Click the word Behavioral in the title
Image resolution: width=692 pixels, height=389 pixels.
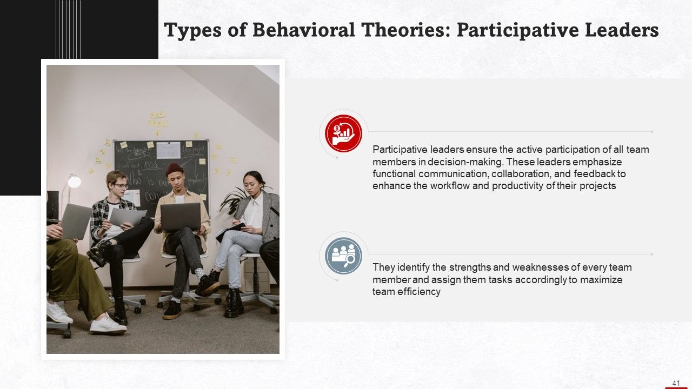tap(303, 30)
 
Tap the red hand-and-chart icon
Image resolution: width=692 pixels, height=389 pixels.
tap(343, 133)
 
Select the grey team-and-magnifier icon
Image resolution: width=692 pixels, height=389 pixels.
tap(343, 256)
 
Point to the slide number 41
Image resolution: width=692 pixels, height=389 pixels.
tap(676, 383)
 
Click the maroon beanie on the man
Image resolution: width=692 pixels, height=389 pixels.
tap(174, 169)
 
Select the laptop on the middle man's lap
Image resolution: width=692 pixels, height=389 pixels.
tap(181, 217)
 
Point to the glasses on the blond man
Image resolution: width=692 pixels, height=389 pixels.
tap(121, 186)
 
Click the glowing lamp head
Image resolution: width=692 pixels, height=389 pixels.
tap(74, 182)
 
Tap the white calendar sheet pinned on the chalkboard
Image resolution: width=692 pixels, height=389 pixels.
tap(168, 150)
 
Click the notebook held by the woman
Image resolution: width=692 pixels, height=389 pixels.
tap(230, 231)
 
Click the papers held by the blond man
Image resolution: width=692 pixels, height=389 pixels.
tap(127, 217)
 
